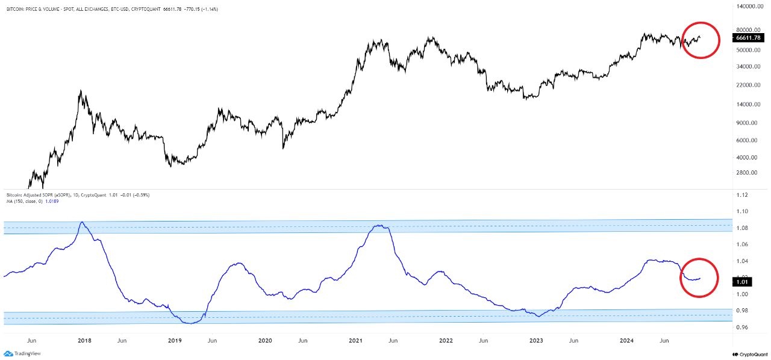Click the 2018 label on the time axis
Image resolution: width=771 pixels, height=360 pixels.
[84, 340]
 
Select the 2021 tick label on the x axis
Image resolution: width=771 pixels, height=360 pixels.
[355, 340]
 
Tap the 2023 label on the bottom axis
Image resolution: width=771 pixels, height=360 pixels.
[536, 340]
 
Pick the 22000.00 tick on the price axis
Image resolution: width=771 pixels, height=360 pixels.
[749, 85]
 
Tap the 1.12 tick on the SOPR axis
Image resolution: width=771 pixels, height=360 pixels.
[743, 195]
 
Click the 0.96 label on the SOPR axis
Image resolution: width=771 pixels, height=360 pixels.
[743, 327]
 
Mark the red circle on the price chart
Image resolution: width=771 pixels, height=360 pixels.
[701, 40]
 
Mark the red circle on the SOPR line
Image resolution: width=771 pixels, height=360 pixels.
[699, 277]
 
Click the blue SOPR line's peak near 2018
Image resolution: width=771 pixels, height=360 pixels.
[82, 222]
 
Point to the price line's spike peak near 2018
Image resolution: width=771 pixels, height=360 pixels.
[80, 91]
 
